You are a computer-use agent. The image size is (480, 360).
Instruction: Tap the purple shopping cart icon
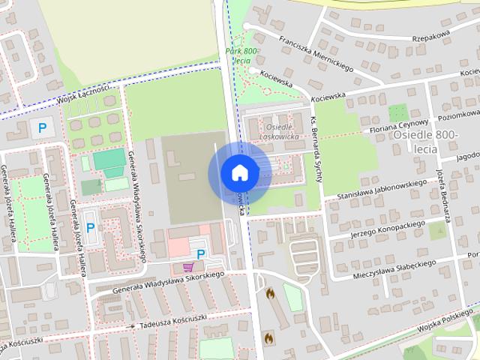(188, 267)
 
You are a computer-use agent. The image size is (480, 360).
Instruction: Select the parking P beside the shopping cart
(201, 254)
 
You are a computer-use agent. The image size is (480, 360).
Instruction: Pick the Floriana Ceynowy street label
(398, 126)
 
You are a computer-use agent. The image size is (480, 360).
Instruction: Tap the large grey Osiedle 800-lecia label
(425, 141)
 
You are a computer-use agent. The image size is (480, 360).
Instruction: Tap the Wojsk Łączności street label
(84, 93)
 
